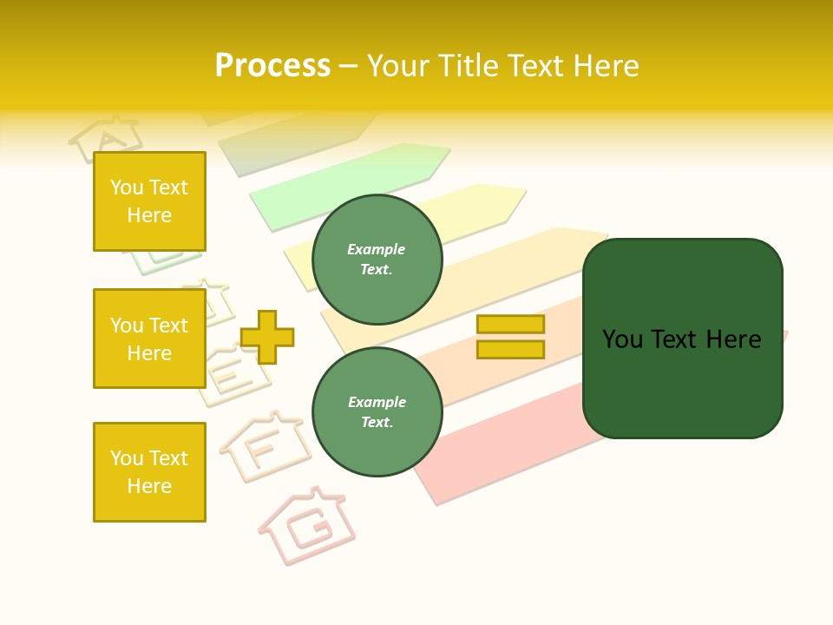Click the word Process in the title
click(272, 66)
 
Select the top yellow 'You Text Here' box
click(149, 201)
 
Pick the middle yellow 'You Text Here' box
click(149, 339)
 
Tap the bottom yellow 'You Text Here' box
click(149, 472)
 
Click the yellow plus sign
click(267, 337)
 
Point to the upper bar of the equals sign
click(510, 324)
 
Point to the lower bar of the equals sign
click(510, 350)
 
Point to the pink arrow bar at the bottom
click(503, 451)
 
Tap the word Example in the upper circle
click(376, 249)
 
